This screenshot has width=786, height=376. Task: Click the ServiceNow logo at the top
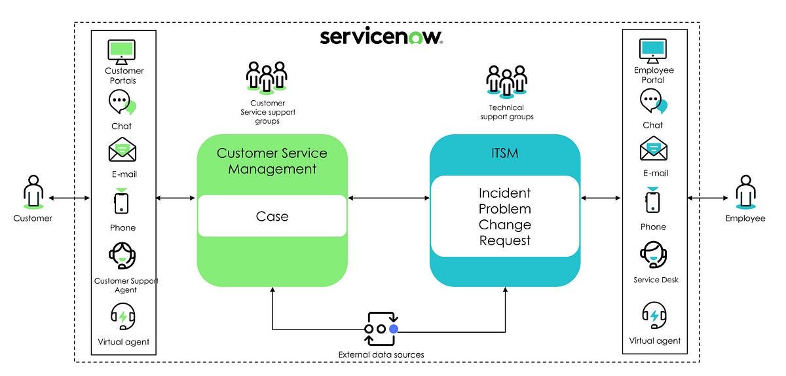tap(382, 36)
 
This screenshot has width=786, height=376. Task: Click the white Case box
tap(272, 216)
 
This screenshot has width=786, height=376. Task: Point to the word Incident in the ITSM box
tap(504, 193)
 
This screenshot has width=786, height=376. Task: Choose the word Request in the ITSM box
tap(504, 240)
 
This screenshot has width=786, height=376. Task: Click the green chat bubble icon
tap(122, 103)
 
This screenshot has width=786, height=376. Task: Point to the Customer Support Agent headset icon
tap(122, 256)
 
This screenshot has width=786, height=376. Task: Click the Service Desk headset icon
tap(653, 255)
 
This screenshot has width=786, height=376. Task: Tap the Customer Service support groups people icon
tap(266, 76)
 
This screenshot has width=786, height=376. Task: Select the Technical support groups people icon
tap(506, 81)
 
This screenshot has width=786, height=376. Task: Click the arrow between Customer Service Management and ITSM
tap(388, 197)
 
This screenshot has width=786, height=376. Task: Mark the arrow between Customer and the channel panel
tap(70, 197)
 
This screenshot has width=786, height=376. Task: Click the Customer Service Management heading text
tap(272, 160)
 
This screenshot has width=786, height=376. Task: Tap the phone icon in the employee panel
tap(653, 200)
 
